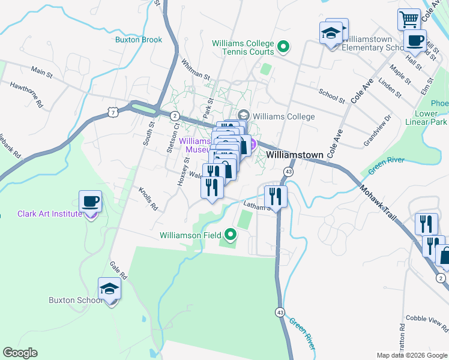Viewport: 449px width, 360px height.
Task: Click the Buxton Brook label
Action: (139, 40)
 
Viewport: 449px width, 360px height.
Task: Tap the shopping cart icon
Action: (409, 19)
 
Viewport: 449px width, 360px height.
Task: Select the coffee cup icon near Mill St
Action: (414, 40)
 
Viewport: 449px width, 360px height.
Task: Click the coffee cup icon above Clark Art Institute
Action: (91, 201)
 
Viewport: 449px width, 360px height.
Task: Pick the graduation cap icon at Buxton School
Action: (109, 289)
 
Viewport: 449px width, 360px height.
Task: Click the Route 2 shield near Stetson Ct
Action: (173, 115)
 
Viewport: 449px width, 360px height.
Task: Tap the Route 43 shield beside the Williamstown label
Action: (289, 172)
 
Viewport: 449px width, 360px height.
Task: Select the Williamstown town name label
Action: (295, 155)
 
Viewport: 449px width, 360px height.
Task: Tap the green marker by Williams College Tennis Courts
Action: (285, 45)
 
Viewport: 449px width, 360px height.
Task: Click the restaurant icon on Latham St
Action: (276, 196)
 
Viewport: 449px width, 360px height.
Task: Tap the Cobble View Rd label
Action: (427, 323)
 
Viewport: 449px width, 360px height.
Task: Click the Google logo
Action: (20, 353)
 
